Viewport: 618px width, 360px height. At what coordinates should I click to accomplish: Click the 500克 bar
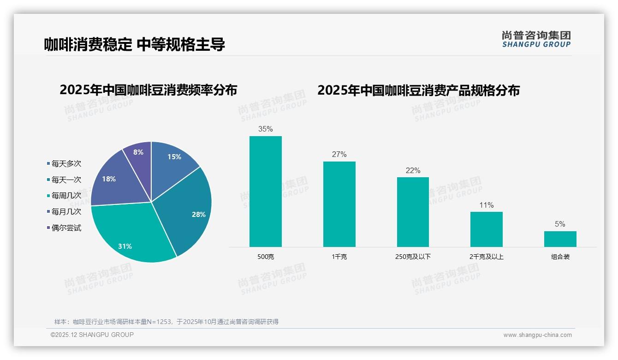[265, 191]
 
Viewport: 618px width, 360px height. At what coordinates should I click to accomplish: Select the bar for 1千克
[339, 204]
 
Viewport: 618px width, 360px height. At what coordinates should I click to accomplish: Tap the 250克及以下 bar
[413, 212]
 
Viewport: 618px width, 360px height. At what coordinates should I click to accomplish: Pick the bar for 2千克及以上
[486, 229]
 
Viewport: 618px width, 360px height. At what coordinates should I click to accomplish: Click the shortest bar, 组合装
[560, 239]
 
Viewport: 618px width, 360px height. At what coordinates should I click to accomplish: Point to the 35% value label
[265, 129]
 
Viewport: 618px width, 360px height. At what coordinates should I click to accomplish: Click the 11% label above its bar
[486, 205]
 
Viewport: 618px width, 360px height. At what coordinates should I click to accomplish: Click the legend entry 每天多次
[66, 164]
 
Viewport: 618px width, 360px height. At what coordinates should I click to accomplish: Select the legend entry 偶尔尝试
[66, 228]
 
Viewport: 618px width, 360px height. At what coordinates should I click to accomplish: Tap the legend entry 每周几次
[66, 196]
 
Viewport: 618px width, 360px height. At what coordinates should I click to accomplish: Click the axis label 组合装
[560, 257]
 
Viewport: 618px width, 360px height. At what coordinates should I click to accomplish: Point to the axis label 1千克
[339, 257]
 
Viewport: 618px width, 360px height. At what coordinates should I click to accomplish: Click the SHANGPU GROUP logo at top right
[536, 39]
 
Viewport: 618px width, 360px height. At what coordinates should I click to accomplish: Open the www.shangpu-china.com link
[537, 335]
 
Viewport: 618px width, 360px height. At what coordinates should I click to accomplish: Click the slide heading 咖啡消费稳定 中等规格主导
[134, 45]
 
